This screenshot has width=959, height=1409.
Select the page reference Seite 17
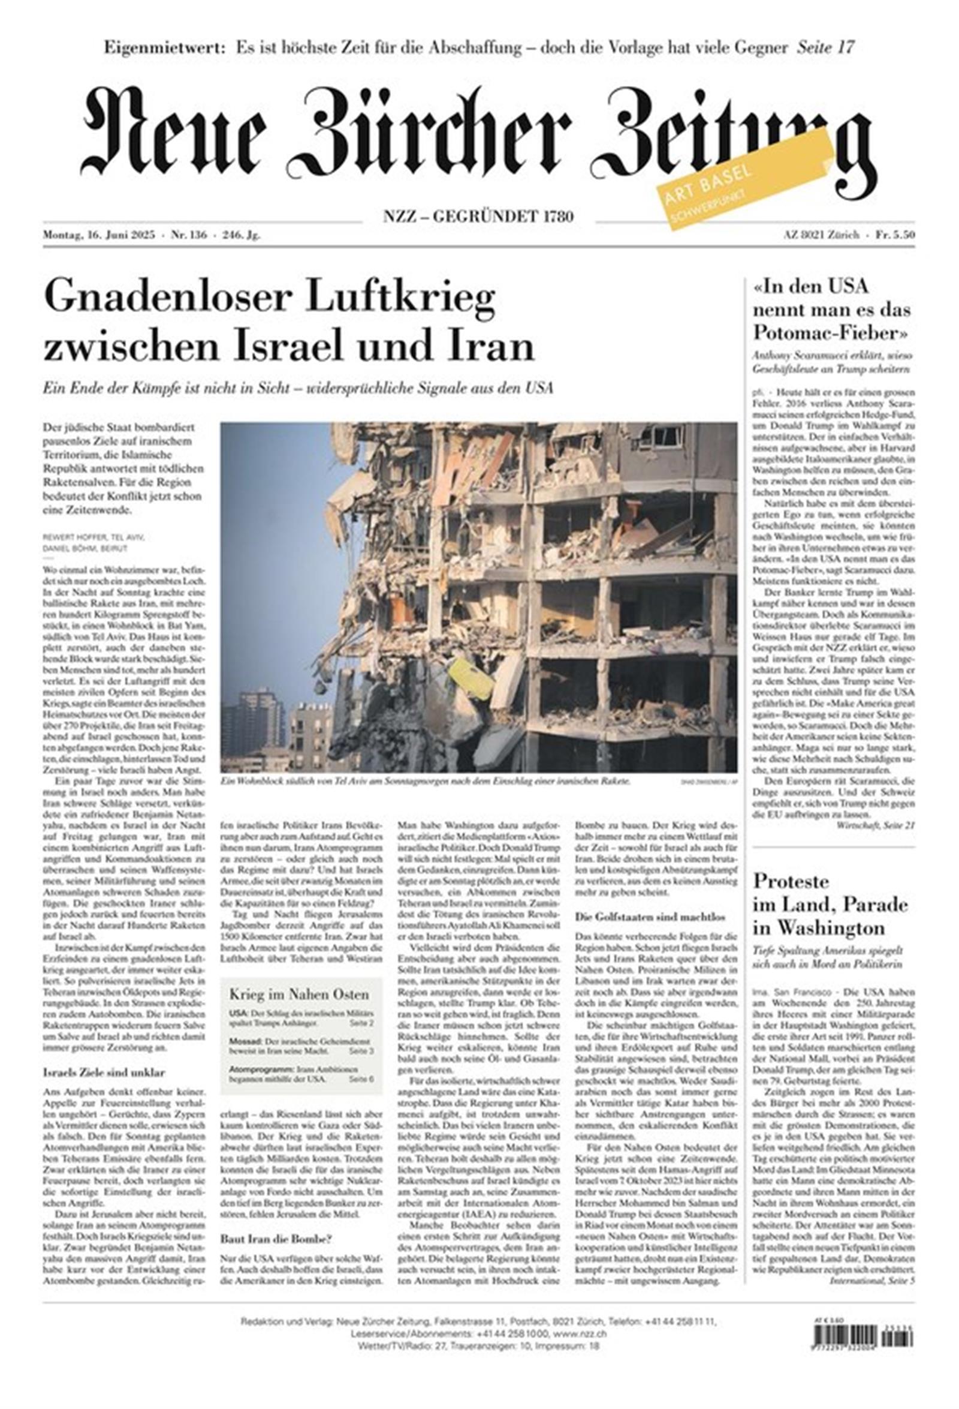coord(826,48)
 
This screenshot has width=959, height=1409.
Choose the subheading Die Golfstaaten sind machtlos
coord(650,917)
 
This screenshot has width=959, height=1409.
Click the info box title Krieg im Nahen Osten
coord(298,995)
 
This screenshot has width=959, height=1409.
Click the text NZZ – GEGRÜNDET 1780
coord(478,217)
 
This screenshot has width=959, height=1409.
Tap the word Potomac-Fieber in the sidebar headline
coord(830,332)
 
